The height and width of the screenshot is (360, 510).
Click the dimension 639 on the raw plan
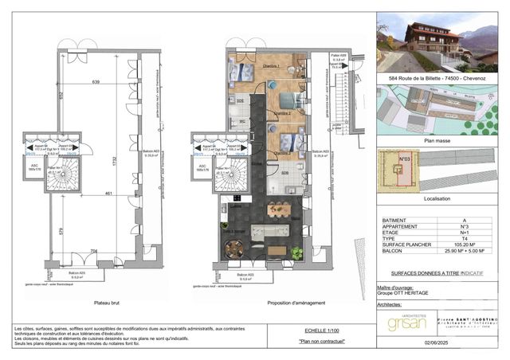96,82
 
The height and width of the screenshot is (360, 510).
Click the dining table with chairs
278,210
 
